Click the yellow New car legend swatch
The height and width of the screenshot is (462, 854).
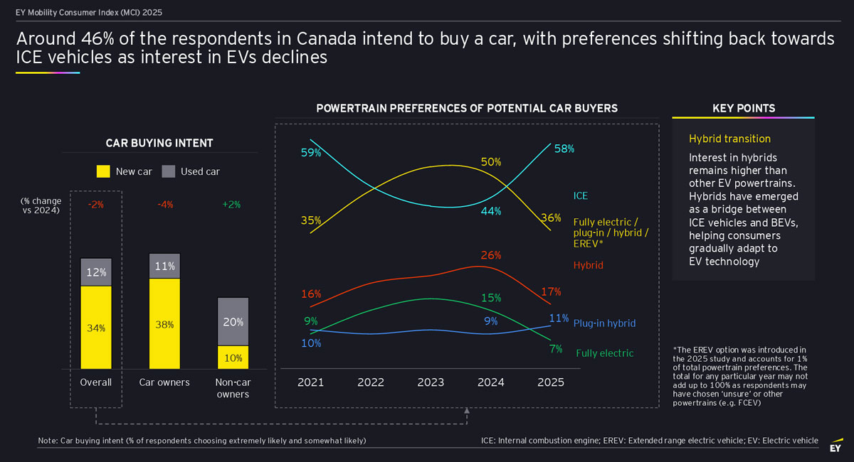pyautogui.click(x=102, y=171)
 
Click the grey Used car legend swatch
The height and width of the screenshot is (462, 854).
pyautogui.click(x=169, y=171)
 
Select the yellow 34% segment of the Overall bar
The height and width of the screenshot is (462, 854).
pyautogui.click(x=96, y=328)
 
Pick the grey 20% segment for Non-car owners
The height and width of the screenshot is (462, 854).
pyautogui.click(x=233, y=321)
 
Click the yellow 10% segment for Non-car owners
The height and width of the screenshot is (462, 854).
pyautogui.click(x=233, y=358)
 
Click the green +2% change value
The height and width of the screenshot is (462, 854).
pyautogui.click(x=231, y=205)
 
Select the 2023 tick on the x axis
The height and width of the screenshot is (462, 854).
pyautogui.click(x=431, y=382)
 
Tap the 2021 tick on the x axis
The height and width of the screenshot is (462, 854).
pyautogui.click(x=310, y=382)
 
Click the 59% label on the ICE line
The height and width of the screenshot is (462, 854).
pyautogui.click(x=310, y=152)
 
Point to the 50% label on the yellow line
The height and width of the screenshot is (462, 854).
pyautogui.click(x=491, y=162)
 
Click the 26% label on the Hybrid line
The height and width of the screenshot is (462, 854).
pyautogui.click(x=491, y=255)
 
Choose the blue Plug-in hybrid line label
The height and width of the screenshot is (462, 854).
pyautogui.click(x=604, y=323)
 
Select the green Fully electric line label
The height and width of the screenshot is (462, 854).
pyautogui.click(x=604, y=353)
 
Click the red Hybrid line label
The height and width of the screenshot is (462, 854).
pyautogui.click(x=588, y=265)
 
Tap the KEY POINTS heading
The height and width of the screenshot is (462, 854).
pyautogui.click(x=744, y=109)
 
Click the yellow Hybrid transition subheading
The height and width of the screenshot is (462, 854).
pyautogui.click(x=729, y=139)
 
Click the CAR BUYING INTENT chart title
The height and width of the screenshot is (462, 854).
pyautogui.click(x=159, y=144)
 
